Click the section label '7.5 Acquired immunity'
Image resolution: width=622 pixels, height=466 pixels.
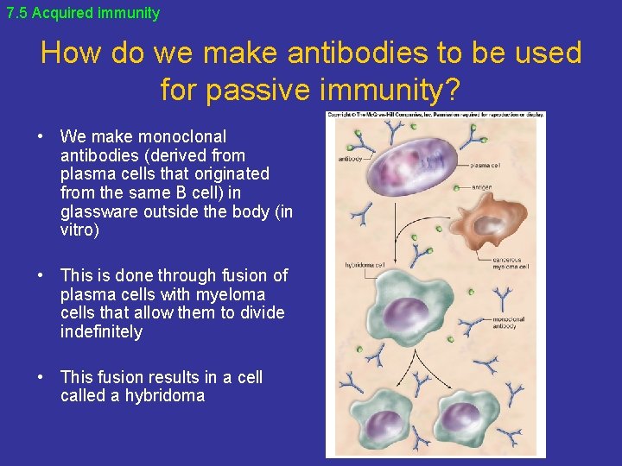coord(83,13)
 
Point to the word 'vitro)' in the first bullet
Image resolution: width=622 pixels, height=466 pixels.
coord(80,230)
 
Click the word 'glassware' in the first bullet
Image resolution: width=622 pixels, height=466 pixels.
coord(98,211)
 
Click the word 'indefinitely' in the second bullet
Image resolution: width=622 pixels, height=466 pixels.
coord(101,331)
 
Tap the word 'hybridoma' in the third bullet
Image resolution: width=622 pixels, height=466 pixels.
coord(164,396)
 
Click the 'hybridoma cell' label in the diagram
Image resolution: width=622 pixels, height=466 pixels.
coord(364,265)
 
